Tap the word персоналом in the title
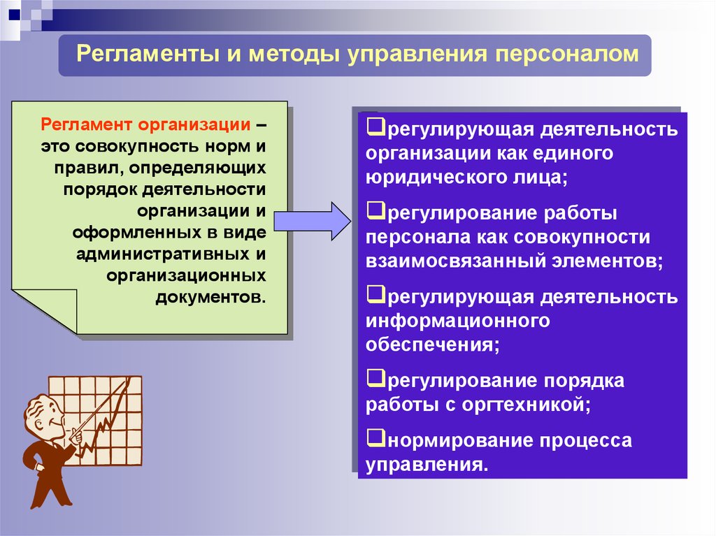566,55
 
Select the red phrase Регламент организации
145,124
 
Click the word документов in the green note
210,297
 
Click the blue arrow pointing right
313,222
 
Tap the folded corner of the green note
45,310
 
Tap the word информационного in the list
457,321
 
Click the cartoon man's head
43,418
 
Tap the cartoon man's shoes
50,500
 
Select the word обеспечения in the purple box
432,345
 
